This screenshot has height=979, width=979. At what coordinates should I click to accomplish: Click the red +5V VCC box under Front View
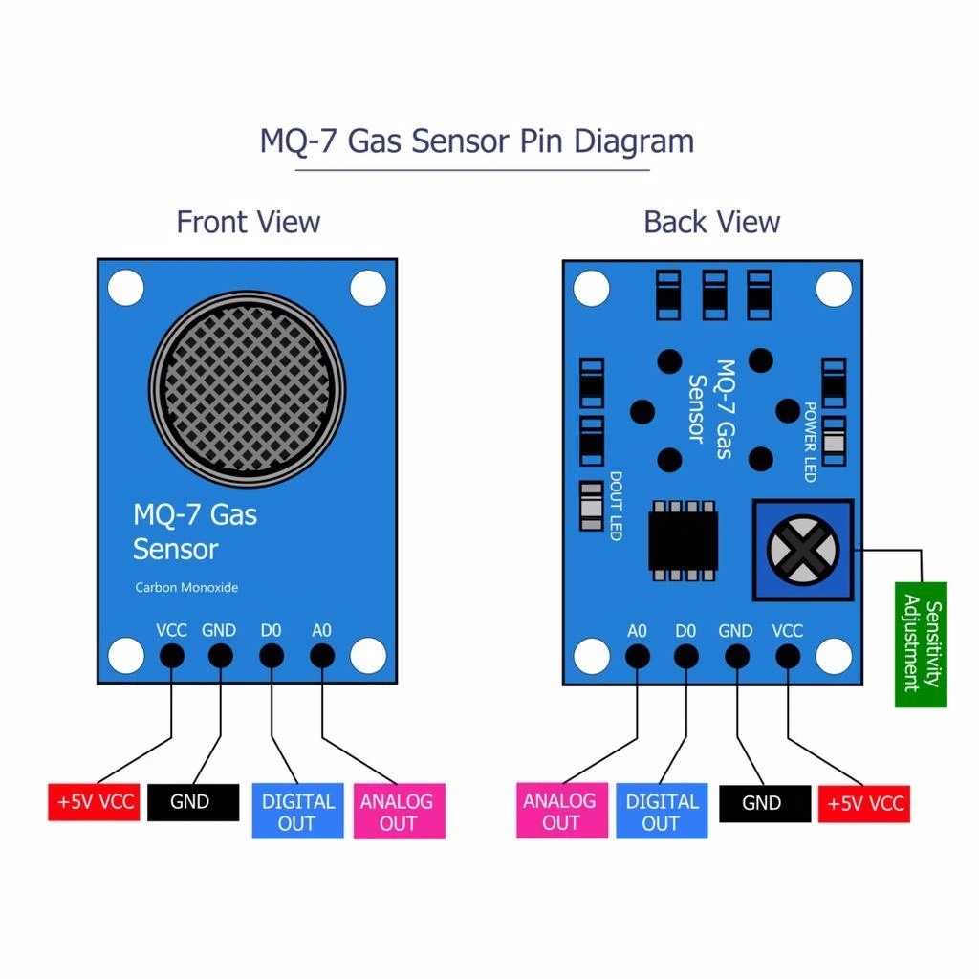(x=96, y=802)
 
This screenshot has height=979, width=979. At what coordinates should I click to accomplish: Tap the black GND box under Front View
(x=193, y=802)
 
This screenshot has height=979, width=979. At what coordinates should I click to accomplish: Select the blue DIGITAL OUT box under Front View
(x=297, y=812)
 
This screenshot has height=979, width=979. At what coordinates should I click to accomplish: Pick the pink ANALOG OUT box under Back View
(x=561, y=811)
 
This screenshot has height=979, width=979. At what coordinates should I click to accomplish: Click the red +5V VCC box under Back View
(x=863, y=802)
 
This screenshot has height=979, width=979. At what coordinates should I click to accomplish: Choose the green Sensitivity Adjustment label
(x=921, y=644)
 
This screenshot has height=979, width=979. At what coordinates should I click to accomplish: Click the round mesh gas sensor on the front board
(x=247, y=386)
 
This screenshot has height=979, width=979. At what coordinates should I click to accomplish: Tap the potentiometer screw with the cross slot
(x=801, y=550)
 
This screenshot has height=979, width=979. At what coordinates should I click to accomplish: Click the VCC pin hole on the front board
(x=172, y=656)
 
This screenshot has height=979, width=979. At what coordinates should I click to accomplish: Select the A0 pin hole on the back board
(x=638, y=656)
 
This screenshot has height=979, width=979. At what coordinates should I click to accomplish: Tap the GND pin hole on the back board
(x=736, y=656)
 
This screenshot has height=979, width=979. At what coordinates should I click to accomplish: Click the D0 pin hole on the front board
(x=272, y=656)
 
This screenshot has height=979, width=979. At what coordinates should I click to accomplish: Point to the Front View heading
(x=248, y=222)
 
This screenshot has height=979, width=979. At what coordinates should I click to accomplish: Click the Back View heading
(x=711, y=222)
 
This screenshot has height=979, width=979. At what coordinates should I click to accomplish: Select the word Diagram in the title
(x=634, y=141)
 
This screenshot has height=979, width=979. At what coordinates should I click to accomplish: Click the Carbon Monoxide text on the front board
(x=186, y=588)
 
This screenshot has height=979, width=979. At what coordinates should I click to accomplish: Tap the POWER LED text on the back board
(x=810, y=442)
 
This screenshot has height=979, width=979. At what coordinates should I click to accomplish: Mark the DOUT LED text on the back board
(x=616, y=506)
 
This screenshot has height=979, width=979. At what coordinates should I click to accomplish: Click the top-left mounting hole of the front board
(x=125, y=287)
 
